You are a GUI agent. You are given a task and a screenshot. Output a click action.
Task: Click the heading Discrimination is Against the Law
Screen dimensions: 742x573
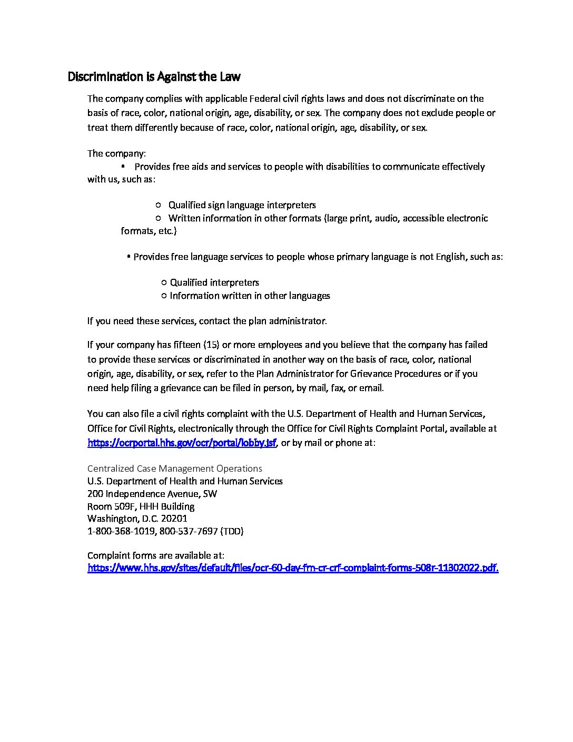click(x=154, y=77)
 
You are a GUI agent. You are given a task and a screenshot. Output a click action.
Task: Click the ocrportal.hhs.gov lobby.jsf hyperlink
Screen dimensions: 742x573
click(x=182, y=443)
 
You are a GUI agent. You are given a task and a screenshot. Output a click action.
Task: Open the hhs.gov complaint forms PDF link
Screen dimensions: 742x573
click(x=292, y=568)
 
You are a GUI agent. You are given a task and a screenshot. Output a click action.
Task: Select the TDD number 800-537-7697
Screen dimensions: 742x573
click(x=188, y=531)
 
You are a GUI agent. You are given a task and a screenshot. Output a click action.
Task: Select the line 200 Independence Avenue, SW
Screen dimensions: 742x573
click(x=152, y=494)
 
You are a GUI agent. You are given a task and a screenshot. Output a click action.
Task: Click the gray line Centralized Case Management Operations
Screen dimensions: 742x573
click(x=174, y=468)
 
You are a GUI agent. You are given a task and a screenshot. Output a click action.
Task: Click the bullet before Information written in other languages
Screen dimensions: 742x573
click(x=164, y=296)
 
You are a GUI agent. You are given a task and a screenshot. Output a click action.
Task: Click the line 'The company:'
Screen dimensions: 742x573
click(x=116, y=154)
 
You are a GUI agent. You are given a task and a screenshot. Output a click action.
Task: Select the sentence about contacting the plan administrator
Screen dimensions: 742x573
click(x=207, y=321)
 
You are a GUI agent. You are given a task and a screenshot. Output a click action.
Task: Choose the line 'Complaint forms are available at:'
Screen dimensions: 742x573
click(x=156, y=555)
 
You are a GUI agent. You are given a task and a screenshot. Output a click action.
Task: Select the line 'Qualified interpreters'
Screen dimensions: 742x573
click(x=214, y=282)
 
